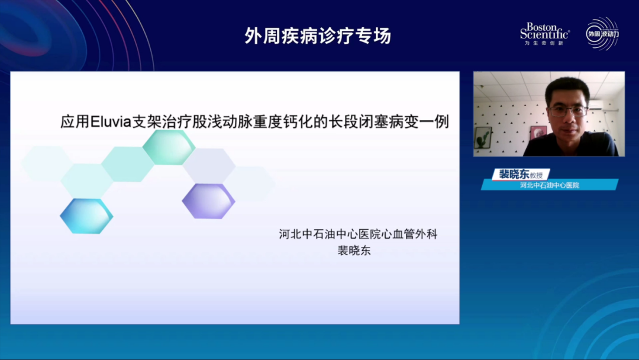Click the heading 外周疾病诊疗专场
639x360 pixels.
point(318,35)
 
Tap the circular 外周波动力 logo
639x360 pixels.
point(602,34)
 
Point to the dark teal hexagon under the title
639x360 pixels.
point(169,147)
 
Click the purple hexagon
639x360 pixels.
point(208,201)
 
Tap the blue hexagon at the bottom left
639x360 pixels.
point(86,216)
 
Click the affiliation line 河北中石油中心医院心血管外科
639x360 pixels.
point(358,234)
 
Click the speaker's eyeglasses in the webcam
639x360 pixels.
point(567,111)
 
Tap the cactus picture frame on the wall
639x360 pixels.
point(483,137)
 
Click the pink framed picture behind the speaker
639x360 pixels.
point(538,132)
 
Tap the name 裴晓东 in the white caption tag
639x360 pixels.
point(514,174)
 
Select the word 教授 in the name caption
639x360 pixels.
point(537,175)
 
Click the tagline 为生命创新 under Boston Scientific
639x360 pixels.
point(544,43)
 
